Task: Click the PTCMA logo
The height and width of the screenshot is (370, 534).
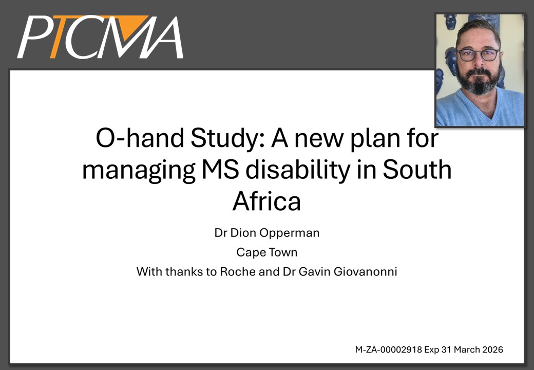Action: pos(100,37)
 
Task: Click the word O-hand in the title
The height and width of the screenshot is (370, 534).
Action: pos(140,138)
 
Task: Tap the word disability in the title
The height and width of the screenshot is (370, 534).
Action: pos(298,170)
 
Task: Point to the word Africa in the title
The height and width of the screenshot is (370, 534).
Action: pos(266,200)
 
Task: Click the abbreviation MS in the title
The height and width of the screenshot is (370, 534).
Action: pos(220,170)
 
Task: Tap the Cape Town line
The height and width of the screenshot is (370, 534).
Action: pos(267,252)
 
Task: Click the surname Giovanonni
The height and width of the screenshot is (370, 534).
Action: pos(365,271)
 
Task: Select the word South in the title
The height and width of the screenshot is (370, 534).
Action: pos(417,170)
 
